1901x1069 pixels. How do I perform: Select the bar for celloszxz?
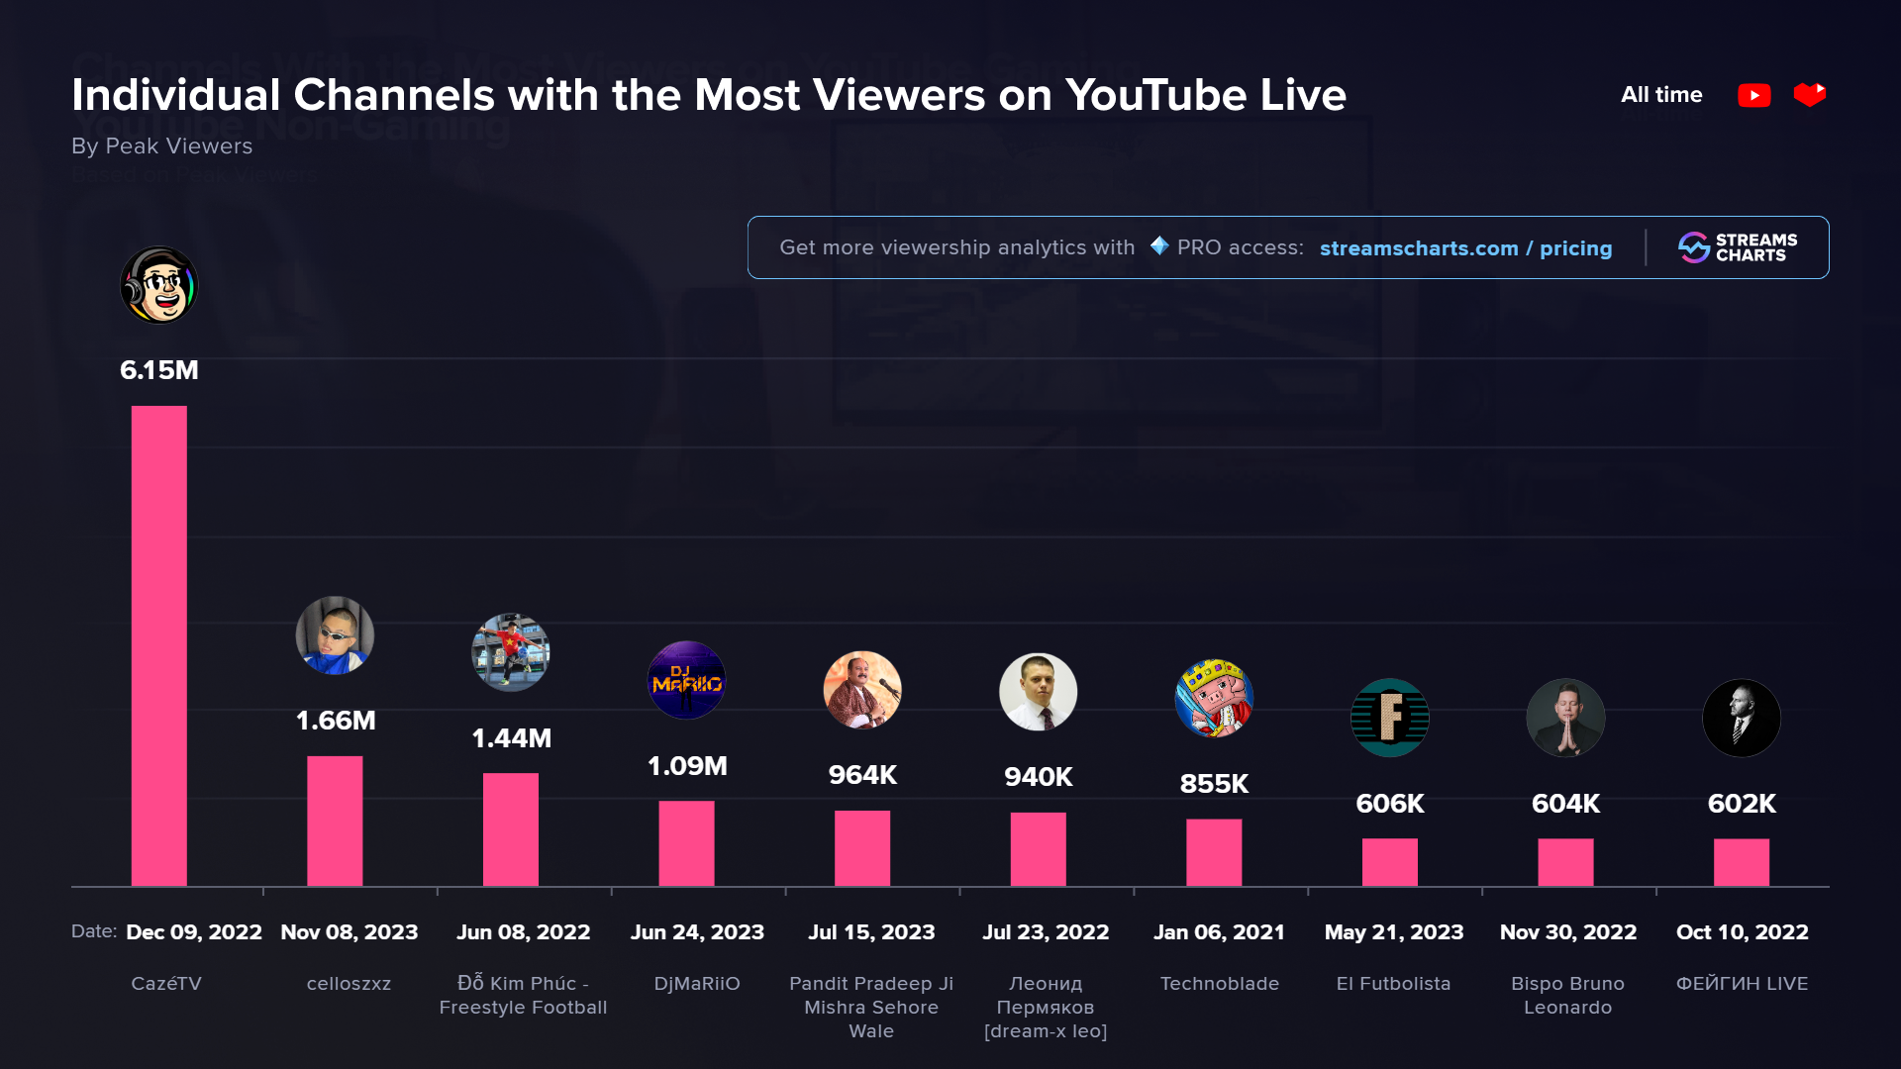click(x=335, y=821)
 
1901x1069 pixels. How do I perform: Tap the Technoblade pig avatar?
click(x=1214, y=699)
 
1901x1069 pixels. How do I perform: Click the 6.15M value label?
click(x=159, y=370)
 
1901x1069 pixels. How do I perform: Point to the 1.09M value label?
click(x=687, y=766)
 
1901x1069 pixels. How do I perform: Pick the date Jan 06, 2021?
click(x=1219, y=932)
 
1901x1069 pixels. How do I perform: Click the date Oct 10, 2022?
click(x=1742, y=932)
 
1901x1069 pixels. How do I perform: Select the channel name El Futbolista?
click(x=1393, y=984)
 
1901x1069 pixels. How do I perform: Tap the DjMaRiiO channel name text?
click(x=697, y=984)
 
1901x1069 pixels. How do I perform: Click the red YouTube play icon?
click(x=1753, y=95)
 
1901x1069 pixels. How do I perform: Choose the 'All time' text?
click(x=1661, y=95)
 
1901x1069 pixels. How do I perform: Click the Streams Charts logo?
click(x=1738, y=247)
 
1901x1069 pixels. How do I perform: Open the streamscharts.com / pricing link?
click(x=1465, y=248)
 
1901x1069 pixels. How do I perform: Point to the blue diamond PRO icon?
click(x=1159, y=245)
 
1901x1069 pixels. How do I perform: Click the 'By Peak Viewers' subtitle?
click(x=162, y=146)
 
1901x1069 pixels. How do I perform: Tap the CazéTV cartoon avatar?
click(x=159, y=285)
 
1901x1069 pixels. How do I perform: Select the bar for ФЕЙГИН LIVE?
click(x=1742, y=862)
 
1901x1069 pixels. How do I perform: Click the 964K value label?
click(x=862, y=775)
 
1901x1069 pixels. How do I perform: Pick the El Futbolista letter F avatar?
click(x=1390, y=718)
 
